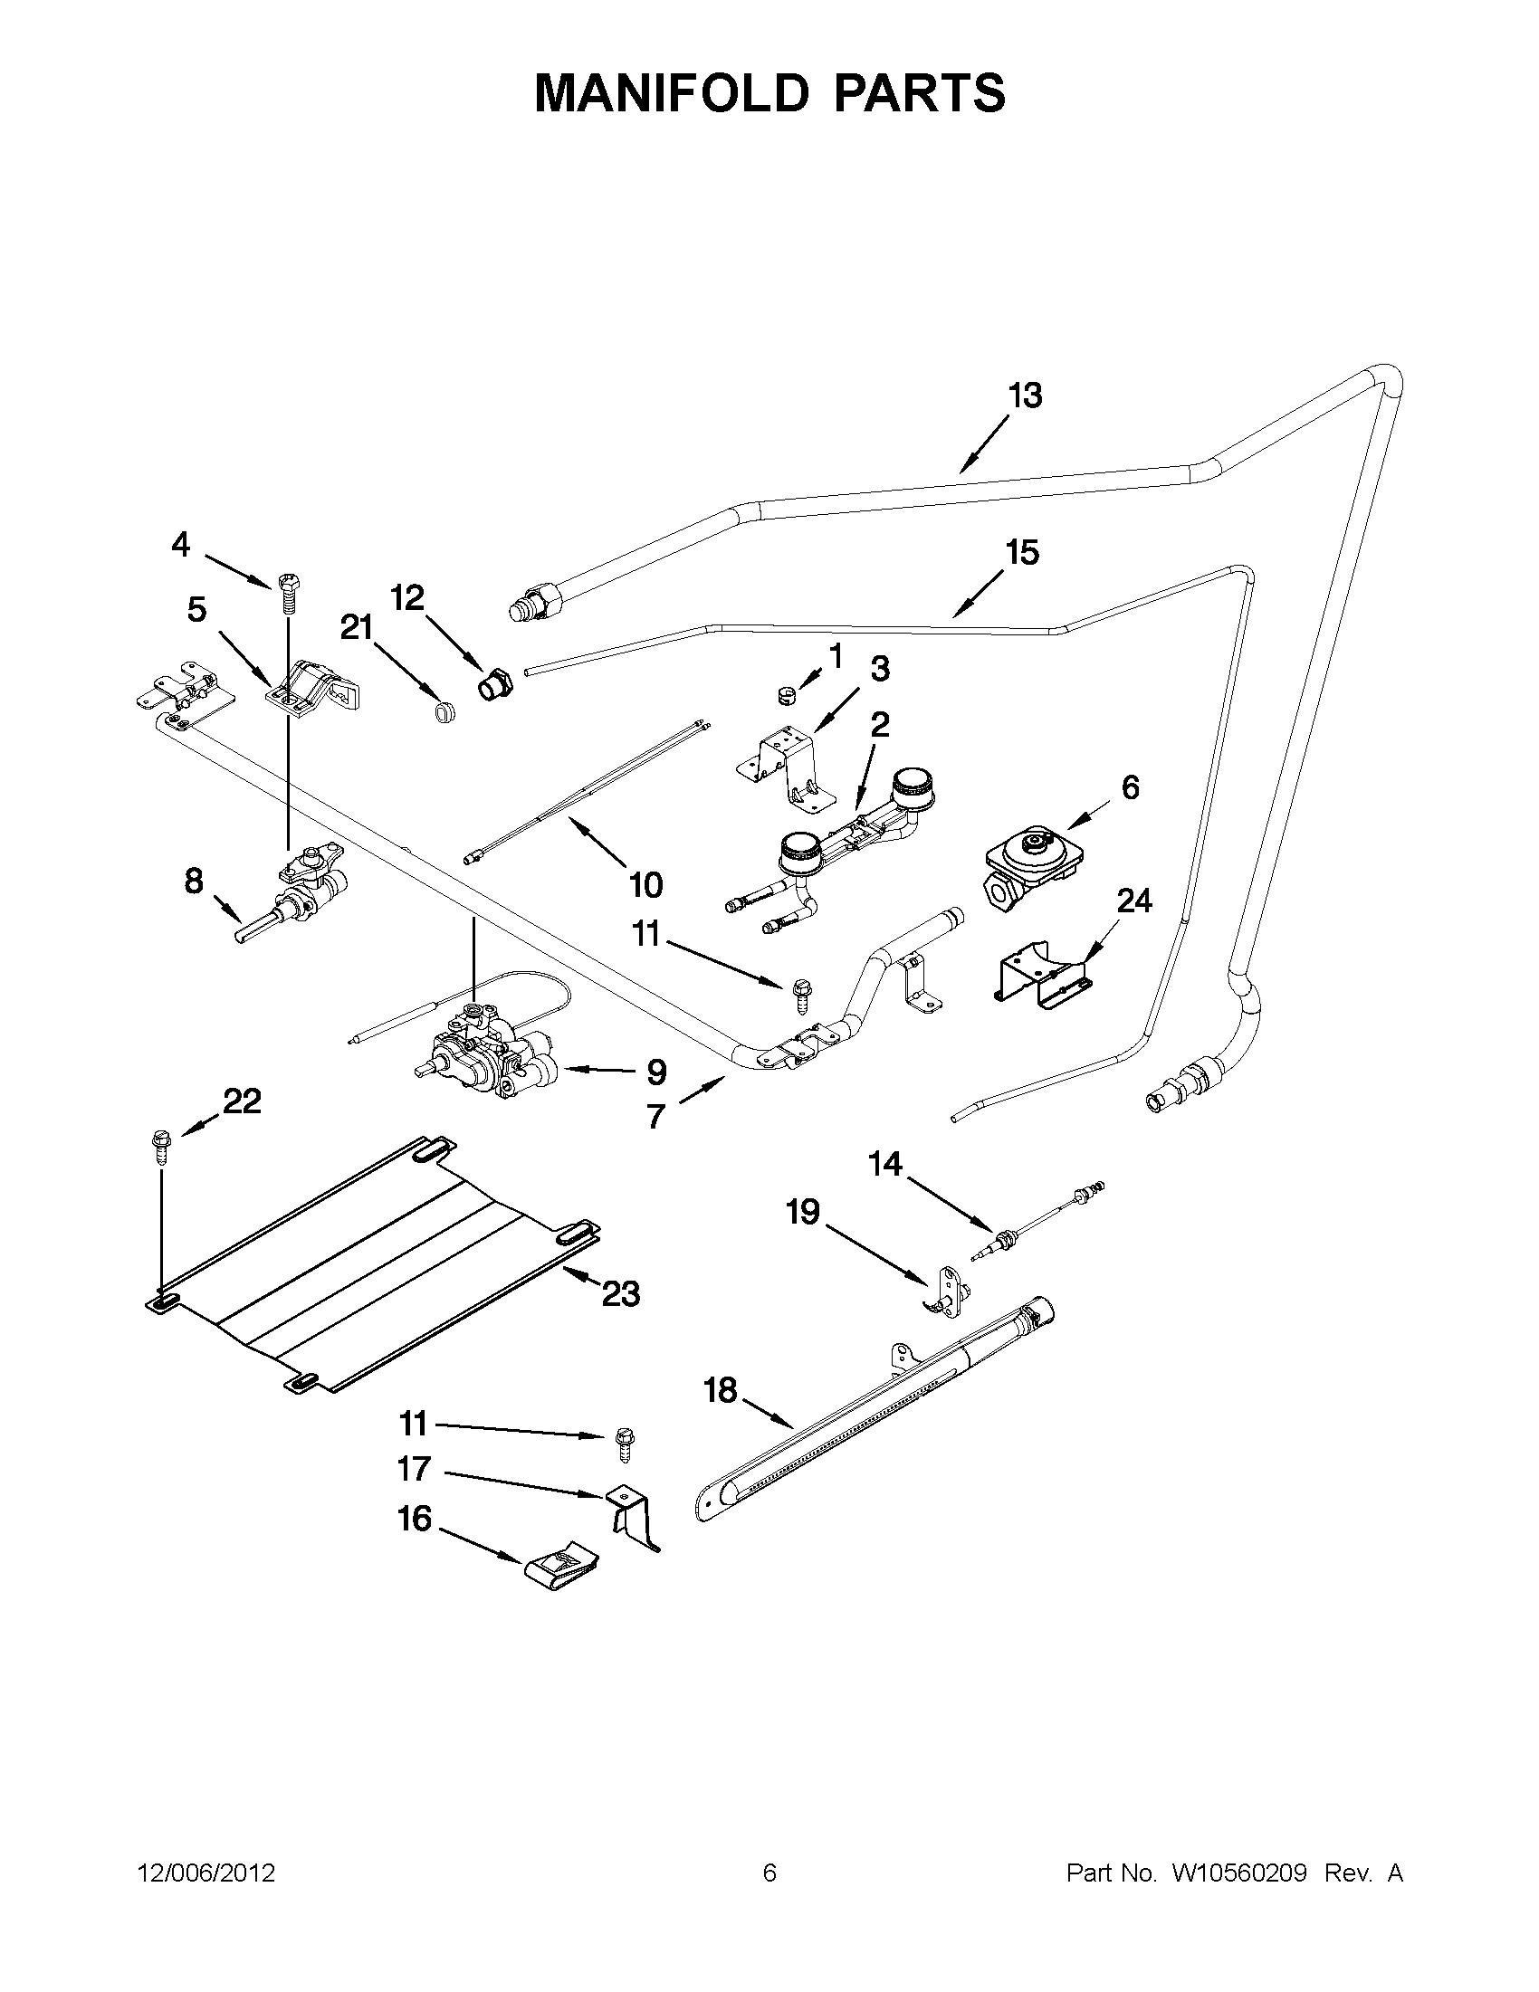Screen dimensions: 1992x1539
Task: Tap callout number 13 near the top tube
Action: click(x=1025, y=396)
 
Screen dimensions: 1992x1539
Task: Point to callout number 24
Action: click(x=1134, y=901)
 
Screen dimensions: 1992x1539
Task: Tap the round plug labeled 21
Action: click(x=444, y=710)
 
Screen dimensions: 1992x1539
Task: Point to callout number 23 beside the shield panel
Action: click(x=620, y=1293)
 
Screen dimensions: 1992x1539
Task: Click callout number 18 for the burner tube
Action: click(x=720, y=1391)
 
